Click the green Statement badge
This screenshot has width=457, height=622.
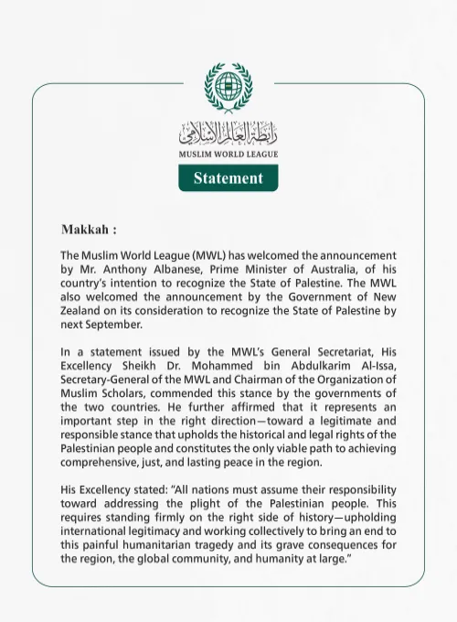point(228,177)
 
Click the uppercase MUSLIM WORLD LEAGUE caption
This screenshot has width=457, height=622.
point(228,154)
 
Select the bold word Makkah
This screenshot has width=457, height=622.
point(85,228)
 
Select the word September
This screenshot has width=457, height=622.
point(113,324)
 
